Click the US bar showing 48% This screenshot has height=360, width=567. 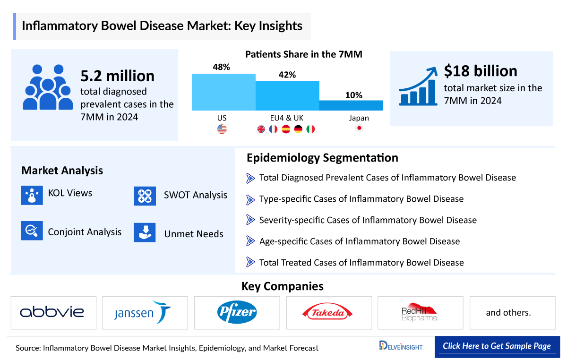click(x=223, y=92)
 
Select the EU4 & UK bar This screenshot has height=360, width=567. click(x=287, y=95)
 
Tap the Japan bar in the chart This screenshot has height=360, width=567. click(x=351, y=105)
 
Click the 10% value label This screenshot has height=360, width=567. click(x=353, y=95)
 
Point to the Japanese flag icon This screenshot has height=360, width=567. click(x=359, y=129)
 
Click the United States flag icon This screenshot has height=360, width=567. click(x=222, y=129)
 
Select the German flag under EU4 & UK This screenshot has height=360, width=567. click(x=298, y=129)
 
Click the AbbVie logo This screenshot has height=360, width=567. click(x=52, y=312)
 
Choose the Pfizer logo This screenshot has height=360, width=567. click(x=237, y=312)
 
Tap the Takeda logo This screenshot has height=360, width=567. click(x=329, y=312)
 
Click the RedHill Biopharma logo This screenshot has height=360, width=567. click(x=420, y=312)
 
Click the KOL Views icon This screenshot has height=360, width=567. click(x=32, y=195)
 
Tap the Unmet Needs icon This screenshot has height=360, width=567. click(x=145, y=232)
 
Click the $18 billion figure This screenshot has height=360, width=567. click(x=481, y=71)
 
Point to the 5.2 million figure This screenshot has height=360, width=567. click(x=118, y=76)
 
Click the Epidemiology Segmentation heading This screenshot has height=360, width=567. click(x=322, y=157)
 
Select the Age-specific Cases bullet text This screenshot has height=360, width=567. click(x=359, y=241)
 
